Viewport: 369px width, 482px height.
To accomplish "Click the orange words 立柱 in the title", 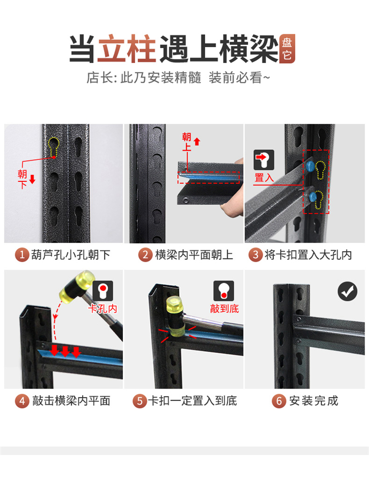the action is coord(127,49).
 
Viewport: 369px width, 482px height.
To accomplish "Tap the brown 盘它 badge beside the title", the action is coord(287,49).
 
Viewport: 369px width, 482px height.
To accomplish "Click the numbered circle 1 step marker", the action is coord(22,255).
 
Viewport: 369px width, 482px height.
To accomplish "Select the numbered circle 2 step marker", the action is coord(145,255).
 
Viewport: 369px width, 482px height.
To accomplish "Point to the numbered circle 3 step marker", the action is coord(256,255).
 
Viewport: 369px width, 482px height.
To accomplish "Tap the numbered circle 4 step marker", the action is coord(22,401).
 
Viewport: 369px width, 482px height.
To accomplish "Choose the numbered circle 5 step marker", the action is coord(140,401).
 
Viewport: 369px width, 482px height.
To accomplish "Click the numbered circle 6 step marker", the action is coord(279,401).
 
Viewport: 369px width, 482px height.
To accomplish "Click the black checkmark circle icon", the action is coord(347,291).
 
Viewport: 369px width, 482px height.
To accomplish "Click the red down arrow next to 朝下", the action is coord(32,179).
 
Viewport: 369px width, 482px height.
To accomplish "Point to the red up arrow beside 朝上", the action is coord(197,142).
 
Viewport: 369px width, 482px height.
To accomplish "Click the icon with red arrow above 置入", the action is coord(264,160).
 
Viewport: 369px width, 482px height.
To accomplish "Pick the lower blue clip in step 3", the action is coord(313,197).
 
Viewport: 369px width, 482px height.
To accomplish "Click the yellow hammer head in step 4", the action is coord(77,286).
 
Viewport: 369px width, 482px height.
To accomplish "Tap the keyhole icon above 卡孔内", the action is coord(103,290).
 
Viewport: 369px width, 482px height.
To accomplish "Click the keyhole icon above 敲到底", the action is coord(224,290).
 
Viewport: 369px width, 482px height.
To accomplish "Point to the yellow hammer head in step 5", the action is coord(175,315).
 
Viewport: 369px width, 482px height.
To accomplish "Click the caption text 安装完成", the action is coord(313,401).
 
